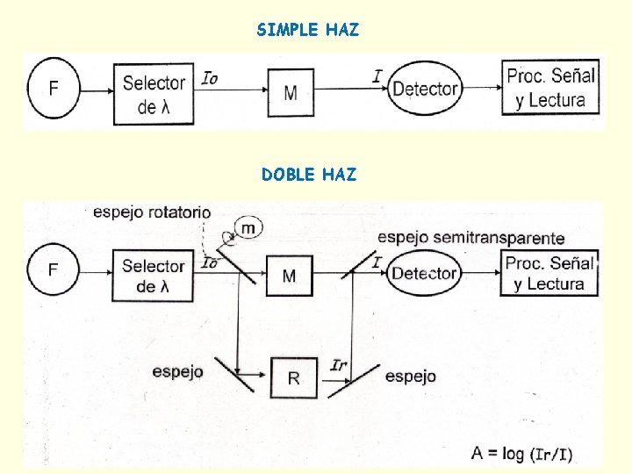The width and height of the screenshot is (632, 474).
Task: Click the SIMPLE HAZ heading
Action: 308,30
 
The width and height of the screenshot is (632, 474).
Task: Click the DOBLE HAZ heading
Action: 309,175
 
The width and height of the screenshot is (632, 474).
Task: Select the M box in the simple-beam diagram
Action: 291,92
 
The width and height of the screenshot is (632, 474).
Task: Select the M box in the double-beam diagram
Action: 289,276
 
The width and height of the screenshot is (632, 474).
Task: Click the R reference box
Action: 293,378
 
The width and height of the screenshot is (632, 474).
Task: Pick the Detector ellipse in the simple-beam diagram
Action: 425,89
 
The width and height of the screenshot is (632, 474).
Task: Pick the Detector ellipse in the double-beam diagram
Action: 425,273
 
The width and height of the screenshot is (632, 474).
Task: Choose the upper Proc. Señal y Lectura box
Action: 551,88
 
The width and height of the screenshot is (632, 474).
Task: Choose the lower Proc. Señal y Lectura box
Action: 550,273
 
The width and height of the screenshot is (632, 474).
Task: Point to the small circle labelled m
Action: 249,228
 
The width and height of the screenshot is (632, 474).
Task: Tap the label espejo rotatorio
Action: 152,212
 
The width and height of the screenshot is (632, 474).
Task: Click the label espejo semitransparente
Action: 471,238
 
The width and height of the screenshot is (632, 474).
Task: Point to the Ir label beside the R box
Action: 339,364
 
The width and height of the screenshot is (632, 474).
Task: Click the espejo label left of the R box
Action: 177,371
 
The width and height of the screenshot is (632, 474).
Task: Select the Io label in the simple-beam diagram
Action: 210,78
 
